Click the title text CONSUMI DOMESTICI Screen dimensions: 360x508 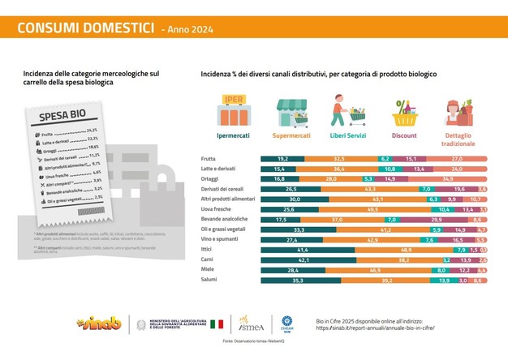tap(85, 28)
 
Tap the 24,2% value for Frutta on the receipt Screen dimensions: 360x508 tap(92, 131)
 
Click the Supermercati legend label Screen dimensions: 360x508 tap(291, 135)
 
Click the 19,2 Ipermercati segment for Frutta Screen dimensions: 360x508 tap(282, 157)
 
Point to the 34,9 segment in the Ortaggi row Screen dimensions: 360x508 tap(446, 177)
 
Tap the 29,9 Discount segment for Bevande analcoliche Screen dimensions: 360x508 tap(435, 219)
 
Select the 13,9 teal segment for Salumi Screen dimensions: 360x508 tap(443, 280)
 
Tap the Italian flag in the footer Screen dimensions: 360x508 tap(217, 324)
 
